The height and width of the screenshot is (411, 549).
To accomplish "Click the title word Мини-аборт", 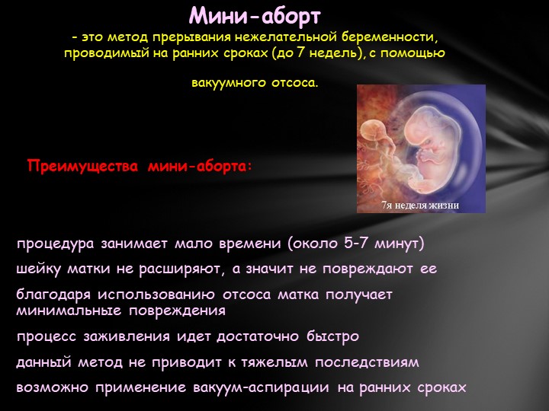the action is click(255, 17).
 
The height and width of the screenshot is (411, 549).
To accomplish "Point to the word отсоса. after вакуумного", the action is click(295, 82).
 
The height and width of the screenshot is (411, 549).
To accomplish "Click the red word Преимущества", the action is click(83, 166).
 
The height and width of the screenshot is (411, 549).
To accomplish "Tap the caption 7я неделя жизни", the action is click(420, 205).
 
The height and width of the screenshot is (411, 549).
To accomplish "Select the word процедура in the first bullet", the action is click(56, 244).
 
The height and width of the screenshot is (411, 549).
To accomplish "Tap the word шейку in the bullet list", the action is click(39, 269).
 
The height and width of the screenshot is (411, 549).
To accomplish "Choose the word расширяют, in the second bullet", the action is click(181, 269).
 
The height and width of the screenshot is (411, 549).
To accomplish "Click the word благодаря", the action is click(53, 295).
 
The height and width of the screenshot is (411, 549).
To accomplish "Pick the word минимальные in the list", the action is click(69, 311).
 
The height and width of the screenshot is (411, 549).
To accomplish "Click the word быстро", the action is click(333, 336).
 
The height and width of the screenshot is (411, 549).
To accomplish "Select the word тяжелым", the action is click(274, 362).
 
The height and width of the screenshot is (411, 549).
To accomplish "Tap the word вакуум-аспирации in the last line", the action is click(261, 387).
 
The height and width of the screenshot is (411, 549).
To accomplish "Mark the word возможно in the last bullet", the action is click(53, 388).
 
